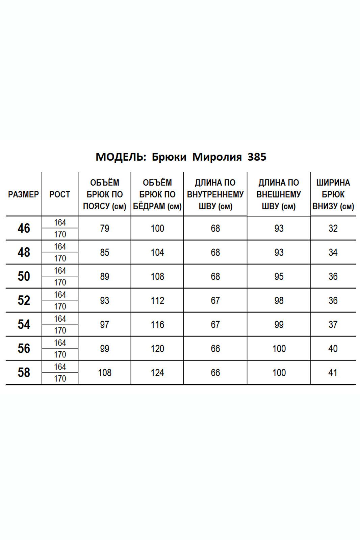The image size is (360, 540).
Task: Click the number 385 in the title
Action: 257,157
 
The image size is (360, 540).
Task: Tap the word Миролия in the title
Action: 217,157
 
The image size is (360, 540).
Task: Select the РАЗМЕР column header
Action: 23,194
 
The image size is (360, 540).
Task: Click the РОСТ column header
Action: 60,194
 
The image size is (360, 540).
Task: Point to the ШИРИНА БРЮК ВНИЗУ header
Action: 333,194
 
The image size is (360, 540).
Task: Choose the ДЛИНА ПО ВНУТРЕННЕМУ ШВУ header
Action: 215,194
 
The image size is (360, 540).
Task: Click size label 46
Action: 24,228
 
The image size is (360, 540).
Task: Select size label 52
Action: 24,300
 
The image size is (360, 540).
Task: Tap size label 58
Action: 24,373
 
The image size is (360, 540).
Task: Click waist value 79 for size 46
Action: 105,228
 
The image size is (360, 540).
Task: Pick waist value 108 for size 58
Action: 105,373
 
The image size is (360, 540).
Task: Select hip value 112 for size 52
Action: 157,300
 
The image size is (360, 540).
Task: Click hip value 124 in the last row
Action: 157,373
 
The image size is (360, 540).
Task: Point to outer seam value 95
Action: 279,276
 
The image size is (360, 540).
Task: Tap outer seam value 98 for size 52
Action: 279,300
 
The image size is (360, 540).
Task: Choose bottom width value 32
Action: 333,228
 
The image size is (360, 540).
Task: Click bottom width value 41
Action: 333,373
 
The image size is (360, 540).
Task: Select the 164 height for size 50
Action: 60,271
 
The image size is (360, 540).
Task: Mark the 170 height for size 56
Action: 60,354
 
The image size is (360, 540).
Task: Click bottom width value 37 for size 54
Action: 333,325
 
